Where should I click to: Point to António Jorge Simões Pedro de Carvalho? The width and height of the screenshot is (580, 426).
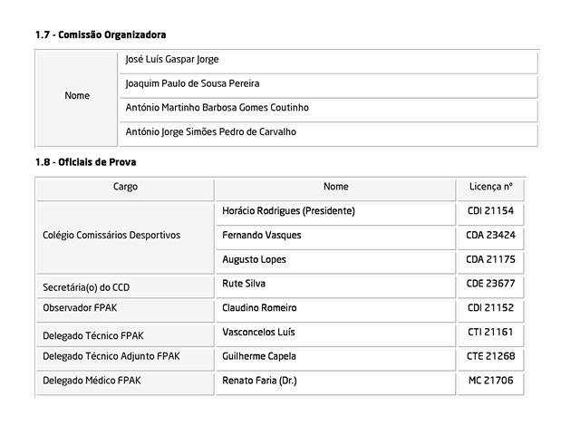click(210, 132)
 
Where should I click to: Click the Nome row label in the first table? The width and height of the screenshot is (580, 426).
click(78, 96)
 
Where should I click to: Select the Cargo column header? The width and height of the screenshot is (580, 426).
click(125, 187)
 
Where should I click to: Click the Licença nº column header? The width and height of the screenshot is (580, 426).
click(490, 187)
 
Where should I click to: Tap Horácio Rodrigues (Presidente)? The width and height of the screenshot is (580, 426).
click(287, 211)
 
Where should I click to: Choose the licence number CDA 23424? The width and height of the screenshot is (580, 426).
click(490, 236)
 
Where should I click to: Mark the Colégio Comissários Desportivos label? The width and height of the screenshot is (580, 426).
click(111, 236)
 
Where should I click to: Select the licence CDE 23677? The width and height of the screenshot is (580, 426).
click(490, 284)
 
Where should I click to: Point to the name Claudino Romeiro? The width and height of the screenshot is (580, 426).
click(259, 308)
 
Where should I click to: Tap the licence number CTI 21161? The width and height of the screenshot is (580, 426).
click(490, 333)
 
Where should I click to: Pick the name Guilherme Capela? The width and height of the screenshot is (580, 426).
click(259, 357)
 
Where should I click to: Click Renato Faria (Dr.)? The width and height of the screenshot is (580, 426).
click(260, 381)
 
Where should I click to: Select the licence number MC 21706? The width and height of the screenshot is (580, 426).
click(490, 381)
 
